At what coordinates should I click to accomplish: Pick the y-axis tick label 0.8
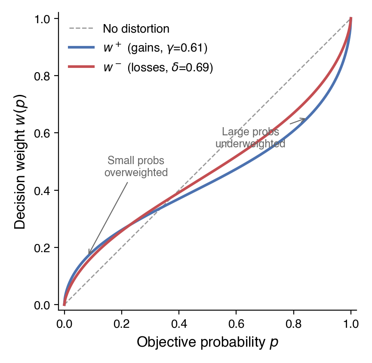click(42, 76)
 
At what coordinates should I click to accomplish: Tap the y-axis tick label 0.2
click(42, 248)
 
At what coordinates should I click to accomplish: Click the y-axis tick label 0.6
click(42, 133)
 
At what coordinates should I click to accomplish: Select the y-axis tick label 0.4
click(42, 190)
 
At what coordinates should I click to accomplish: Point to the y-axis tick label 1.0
click(42, 19)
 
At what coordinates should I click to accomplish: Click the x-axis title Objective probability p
click(208, 342)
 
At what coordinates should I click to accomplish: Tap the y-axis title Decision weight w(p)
click(20, 162)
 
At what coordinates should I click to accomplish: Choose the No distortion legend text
click(136, 29)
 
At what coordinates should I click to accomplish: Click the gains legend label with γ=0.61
click(155, 48)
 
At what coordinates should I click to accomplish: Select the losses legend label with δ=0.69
click(158, 67)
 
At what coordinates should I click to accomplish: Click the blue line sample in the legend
click(81, 48)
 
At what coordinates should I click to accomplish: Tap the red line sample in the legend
click(81, 67)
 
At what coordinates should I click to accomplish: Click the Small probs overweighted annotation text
click(136, 167)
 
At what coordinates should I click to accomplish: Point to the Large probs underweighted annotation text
click(250, 138)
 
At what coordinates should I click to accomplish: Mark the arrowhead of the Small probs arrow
click(89, 253)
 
